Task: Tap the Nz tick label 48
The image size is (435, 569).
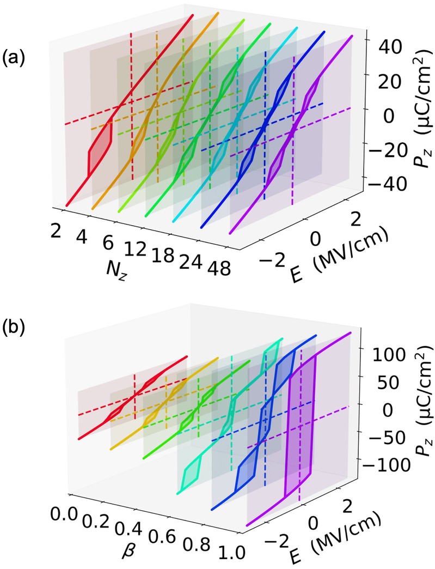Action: point(219,269)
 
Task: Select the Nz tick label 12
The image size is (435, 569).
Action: point(135,249)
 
